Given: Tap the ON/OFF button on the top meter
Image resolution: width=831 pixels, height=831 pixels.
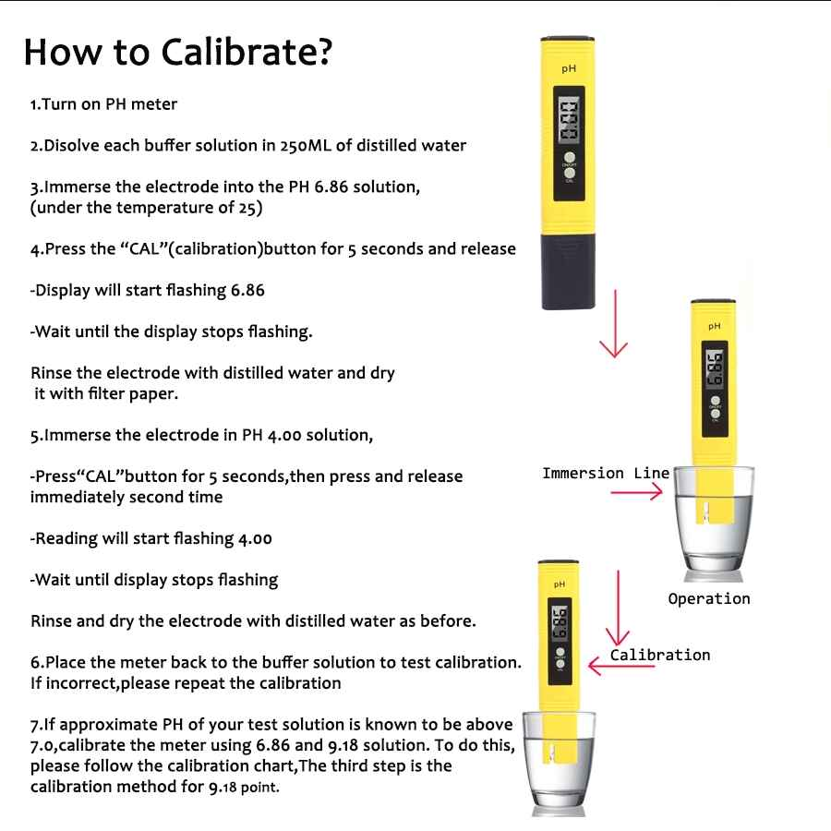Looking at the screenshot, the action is (x=570, y=157).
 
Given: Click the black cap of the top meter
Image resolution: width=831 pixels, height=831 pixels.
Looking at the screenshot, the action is (x=568, y=271).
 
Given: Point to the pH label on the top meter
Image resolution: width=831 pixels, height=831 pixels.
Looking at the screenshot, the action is (x=569, y=69).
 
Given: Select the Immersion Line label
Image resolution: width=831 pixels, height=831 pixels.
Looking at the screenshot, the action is (x=606, y=473).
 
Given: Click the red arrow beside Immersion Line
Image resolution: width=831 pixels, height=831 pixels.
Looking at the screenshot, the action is (x=636, y=492).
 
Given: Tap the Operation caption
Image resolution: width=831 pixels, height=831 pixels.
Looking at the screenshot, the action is (x=708, y=599).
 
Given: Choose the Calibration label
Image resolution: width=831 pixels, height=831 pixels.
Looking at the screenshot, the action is (x=660, y=655).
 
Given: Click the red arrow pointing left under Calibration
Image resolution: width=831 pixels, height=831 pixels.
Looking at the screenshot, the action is (x=621, y=666).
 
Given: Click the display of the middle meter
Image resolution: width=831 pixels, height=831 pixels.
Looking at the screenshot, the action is (x=715, y=367).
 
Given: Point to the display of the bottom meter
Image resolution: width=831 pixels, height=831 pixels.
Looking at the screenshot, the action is (x=560, y=623).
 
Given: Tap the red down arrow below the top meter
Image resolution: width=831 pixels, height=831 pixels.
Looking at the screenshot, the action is (x=614, y=323).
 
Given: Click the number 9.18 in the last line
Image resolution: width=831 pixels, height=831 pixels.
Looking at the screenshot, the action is (x=223, y=787).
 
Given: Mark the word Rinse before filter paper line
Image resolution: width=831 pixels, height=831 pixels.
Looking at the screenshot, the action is (x=52, y=373).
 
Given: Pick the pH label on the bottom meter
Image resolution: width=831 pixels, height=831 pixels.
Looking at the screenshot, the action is (x=560, y=584).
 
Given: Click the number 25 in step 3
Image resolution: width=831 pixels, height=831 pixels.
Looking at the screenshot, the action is (x=247, y=207).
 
